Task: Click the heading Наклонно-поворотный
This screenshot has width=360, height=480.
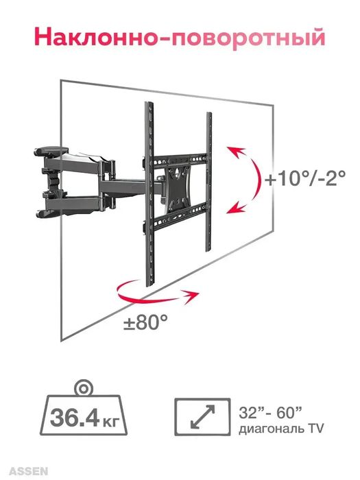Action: pyautogui.click(x=180, y=37)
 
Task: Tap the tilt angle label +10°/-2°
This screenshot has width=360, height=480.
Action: pyautogui.click(x=305, y=178)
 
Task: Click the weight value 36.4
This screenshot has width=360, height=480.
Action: pyautogui.click(x=74, y=418)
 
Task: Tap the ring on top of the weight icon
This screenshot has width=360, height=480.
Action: pyautogui.click(x=83, y=388)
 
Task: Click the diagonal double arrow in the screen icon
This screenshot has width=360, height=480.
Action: pyautogui.click(x=202, y=416)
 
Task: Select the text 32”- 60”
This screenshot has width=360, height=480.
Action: pyautogui.click(x=271, y=413)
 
